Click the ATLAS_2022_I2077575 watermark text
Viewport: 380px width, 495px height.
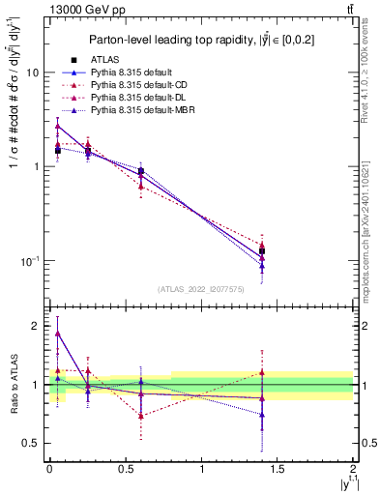(200, 289)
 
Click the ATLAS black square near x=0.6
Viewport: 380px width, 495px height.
(141, 171)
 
